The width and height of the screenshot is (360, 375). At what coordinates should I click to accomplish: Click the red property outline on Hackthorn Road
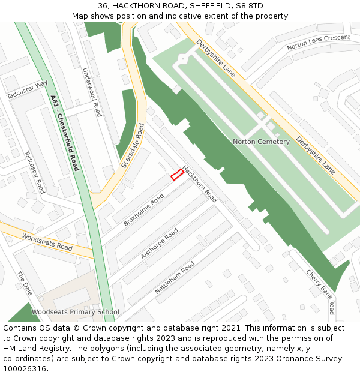(177, 175)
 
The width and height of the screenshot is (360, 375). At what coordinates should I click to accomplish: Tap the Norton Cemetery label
(261, 142)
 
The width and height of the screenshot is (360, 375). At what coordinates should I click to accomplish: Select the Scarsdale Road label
(133, 146)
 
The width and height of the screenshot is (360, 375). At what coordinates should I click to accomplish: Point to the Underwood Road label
(92, 92)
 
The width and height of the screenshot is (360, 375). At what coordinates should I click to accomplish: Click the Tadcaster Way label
(27, 89)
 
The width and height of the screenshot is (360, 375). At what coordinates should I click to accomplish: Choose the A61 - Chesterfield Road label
(65, 133)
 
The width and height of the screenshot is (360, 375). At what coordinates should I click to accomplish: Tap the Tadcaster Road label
(35, 172)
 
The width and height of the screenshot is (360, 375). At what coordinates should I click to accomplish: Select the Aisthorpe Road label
(159, 244)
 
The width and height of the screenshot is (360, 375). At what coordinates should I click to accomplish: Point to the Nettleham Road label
(175, 277)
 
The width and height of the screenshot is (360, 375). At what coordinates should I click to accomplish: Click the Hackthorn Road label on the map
(200, 183)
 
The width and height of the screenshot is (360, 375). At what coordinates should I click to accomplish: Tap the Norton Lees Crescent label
(318, 42)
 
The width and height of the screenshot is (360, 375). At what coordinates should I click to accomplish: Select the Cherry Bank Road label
(319, 292)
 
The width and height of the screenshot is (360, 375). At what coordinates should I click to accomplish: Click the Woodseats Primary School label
(75, 312)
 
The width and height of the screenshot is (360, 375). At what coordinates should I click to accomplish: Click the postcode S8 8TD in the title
(247, 6)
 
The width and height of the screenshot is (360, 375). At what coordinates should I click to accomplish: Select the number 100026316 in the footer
(25, 368)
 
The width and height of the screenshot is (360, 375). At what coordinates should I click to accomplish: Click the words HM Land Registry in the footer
(31, 349)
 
